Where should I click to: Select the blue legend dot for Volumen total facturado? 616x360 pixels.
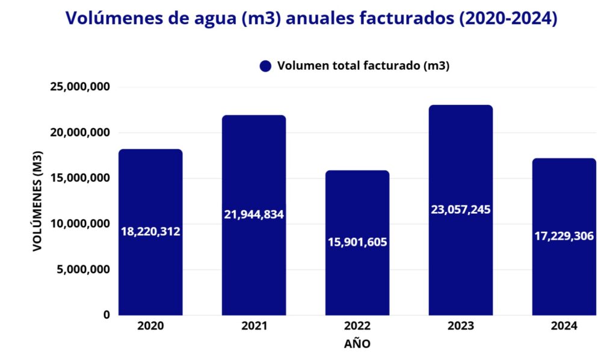pyautogui.click(x=265, y=66)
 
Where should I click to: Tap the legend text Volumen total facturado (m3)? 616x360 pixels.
pyautogui.click(x=363, y=66)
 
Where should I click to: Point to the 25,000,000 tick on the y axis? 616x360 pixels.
pyautogui.click(x=82, y=87)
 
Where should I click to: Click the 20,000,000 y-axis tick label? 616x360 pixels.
pyautogui.click(x=82, y=132)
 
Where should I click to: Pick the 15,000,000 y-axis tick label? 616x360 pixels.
pyautogui.click(x=82, y=178)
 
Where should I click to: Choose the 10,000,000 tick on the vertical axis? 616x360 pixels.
pyautogui.click(x=82, y=224)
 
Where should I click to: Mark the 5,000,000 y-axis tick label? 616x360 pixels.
pyautogui.click(x=85, y=270)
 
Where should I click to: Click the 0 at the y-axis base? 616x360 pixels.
pyautogui.click(x=106, y=315)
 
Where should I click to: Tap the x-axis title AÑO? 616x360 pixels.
pyautogui.click(x=357, y=344)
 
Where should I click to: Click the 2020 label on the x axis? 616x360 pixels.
pyautogui.click(x=150, y=326)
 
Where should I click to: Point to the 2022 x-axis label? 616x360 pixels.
pyautogui.click(x=357, y=326)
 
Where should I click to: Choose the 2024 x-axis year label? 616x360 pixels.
pyautogui.click(x=564, y=326)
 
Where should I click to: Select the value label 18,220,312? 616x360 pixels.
pyautogui.click(x=150, y=231)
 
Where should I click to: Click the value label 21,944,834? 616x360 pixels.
pyautogui.click(x=254, y=214)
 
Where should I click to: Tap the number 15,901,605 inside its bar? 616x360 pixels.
pyautogui.click(x=357, y=242)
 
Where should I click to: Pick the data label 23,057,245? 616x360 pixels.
pyautogui.click(x=461, y=209)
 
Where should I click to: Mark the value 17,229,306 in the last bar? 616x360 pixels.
pyautogui.click(x=564, y=236)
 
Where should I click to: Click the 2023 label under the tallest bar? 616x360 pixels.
pyautogui.click(x=461, y=326)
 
